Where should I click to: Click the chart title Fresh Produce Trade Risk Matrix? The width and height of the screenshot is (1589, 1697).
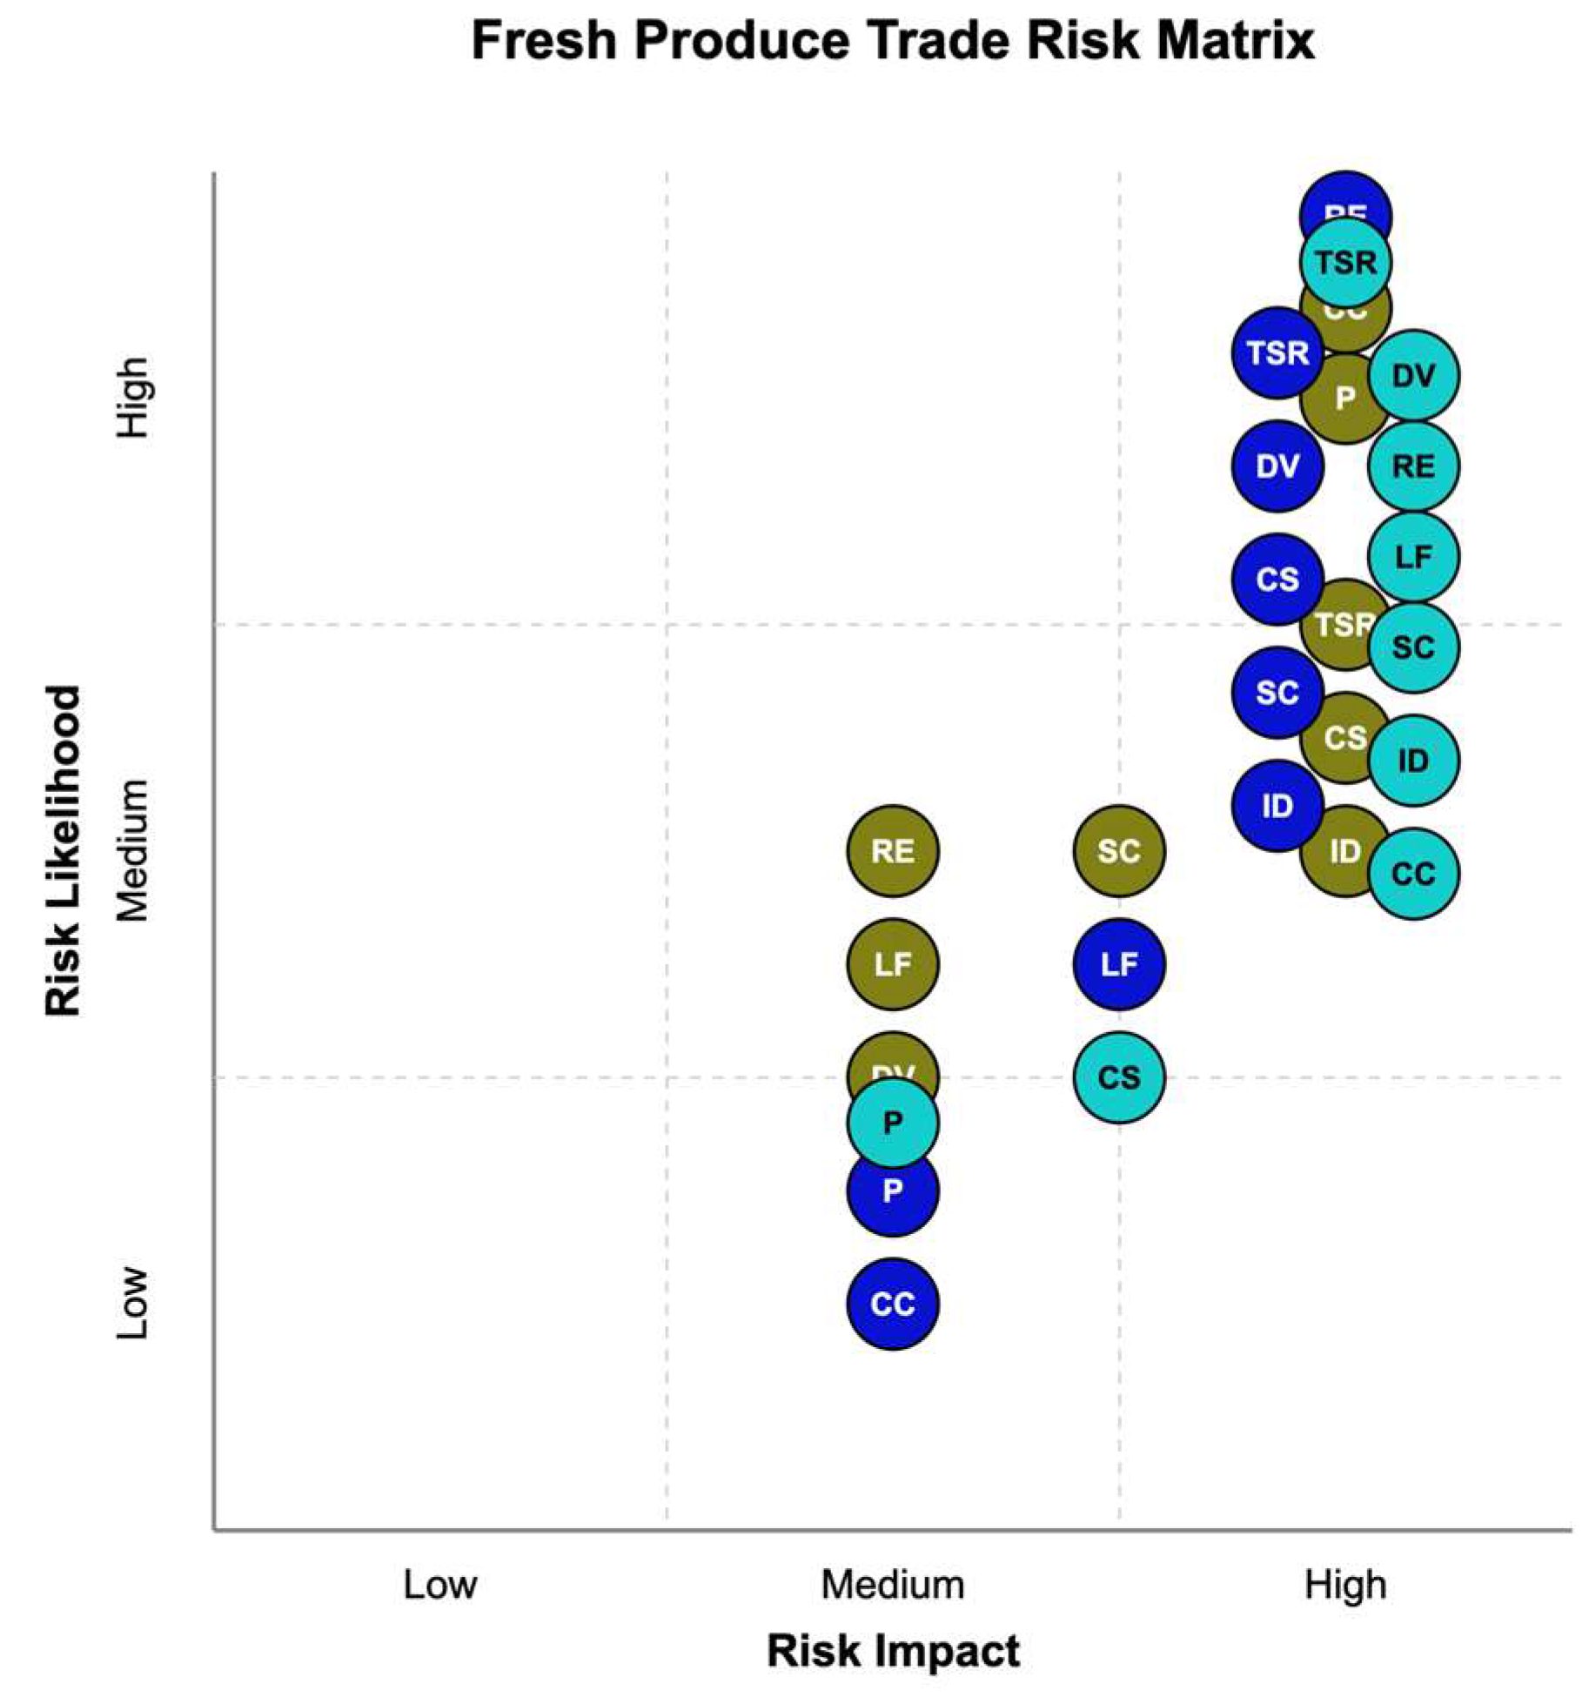tap(892, 41)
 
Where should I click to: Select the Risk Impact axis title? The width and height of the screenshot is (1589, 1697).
tap(892, 1651)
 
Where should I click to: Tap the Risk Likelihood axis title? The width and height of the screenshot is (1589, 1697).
tap(63, 850)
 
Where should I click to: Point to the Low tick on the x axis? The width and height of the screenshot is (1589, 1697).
tap(439, 1585)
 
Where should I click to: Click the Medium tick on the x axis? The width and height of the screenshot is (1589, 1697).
tap(892, 1585)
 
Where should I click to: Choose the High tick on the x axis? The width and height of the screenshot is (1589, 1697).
tap(1344, 1585)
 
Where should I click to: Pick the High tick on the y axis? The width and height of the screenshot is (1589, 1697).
tap(133, 397)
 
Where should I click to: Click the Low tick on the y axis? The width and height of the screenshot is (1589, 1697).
tap(133, 1303)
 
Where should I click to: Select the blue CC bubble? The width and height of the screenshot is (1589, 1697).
tap(892, 1304)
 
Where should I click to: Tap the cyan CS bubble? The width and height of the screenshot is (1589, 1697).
tap(1118, 1077)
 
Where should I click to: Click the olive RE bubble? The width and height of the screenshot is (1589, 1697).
tap(892, 850)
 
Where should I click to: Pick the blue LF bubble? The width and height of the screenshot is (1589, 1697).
tap(1118, 963)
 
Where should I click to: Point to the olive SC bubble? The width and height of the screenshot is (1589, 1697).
tap(1118, 850)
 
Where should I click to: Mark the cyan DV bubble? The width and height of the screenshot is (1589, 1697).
tap(1412, 375)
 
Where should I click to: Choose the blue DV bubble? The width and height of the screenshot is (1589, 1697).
tap(1277, 466)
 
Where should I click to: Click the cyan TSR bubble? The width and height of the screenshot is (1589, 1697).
tap(1344, 262)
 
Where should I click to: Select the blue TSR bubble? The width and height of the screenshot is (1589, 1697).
tap(1277, 352)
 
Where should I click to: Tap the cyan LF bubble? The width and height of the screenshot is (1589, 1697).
tap(1412, 556)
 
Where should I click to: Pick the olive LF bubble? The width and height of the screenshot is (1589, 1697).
tap(892, 963)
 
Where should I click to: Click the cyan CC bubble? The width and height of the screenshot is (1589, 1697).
tap(1412, 873)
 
